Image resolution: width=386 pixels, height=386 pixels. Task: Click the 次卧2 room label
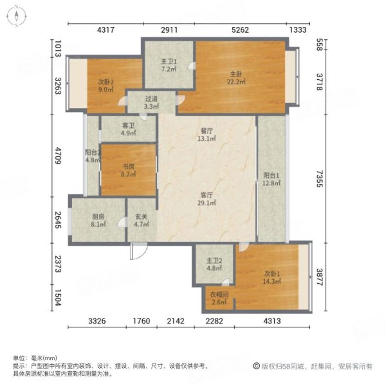pyautogui.click(x=106, y=82)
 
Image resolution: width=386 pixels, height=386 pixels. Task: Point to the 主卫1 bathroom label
pyautogui.click(x=168, y=61)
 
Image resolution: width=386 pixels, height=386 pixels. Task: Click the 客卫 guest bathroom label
pyautogui.click(x=128, y=125)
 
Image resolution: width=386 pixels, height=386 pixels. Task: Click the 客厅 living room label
pyautogui.click(x=206, y=194)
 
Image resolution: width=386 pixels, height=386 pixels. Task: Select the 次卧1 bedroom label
pyautogui.click(x=270, y=273)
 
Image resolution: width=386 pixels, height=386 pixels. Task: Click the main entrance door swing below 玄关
pyautogui.click(x=136, y=253)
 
